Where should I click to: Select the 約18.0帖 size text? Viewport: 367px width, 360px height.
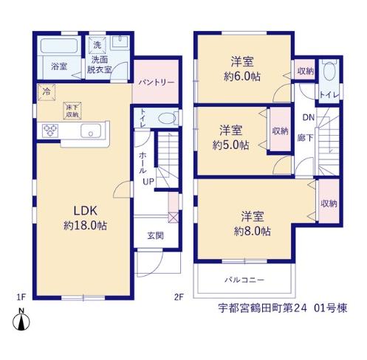click(x=85, y=225)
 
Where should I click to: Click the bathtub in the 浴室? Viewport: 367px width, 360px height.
click(x=59, y=45)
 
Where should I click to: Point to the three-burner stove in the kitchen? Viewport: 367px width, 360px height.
click(x=50, y=130)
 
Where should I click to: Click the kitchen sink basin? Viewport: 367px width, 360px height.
click(x=91, y=131)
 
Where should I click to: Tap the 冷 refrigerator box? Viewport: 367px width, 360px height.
click(x=47, y=92)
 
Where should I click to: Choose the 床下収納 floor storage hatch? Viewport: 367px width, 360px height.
click(x=72, y=111)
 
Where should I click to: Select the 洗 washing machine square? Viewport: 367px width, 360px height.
click(x=97, y=45)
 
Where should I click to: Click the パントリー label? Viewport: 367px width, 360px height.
click(x=157, y=83)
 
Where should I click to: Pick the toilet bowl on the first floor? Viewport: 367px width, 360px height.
click(x=167, y=119)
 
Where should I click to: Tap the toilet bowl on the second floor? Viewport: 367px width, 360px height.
click(x=329, y=72)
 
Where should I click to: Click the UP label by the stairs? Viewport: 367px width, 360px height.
click(x=148, y=181)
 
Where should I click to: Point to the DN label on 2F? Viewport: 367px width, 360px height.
click(x=309, y=117)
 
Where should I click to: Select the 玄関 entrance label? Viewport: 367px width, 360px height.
click(x=156, y=235)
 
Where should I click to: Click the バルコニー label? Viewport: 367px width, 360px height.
click(x=244, y=280)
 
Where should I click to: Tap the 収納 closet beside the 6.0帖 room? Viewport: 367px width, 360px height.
click(x=306, y=72)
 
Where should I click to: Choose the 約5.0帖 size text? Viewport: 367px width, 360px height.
click(x=230, y=145)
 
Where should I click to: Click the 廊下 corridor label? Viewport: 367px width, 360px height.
click(x=305, y=138)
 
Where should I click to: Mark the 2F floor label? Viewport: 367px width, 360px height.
click(x=179, y=297)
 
